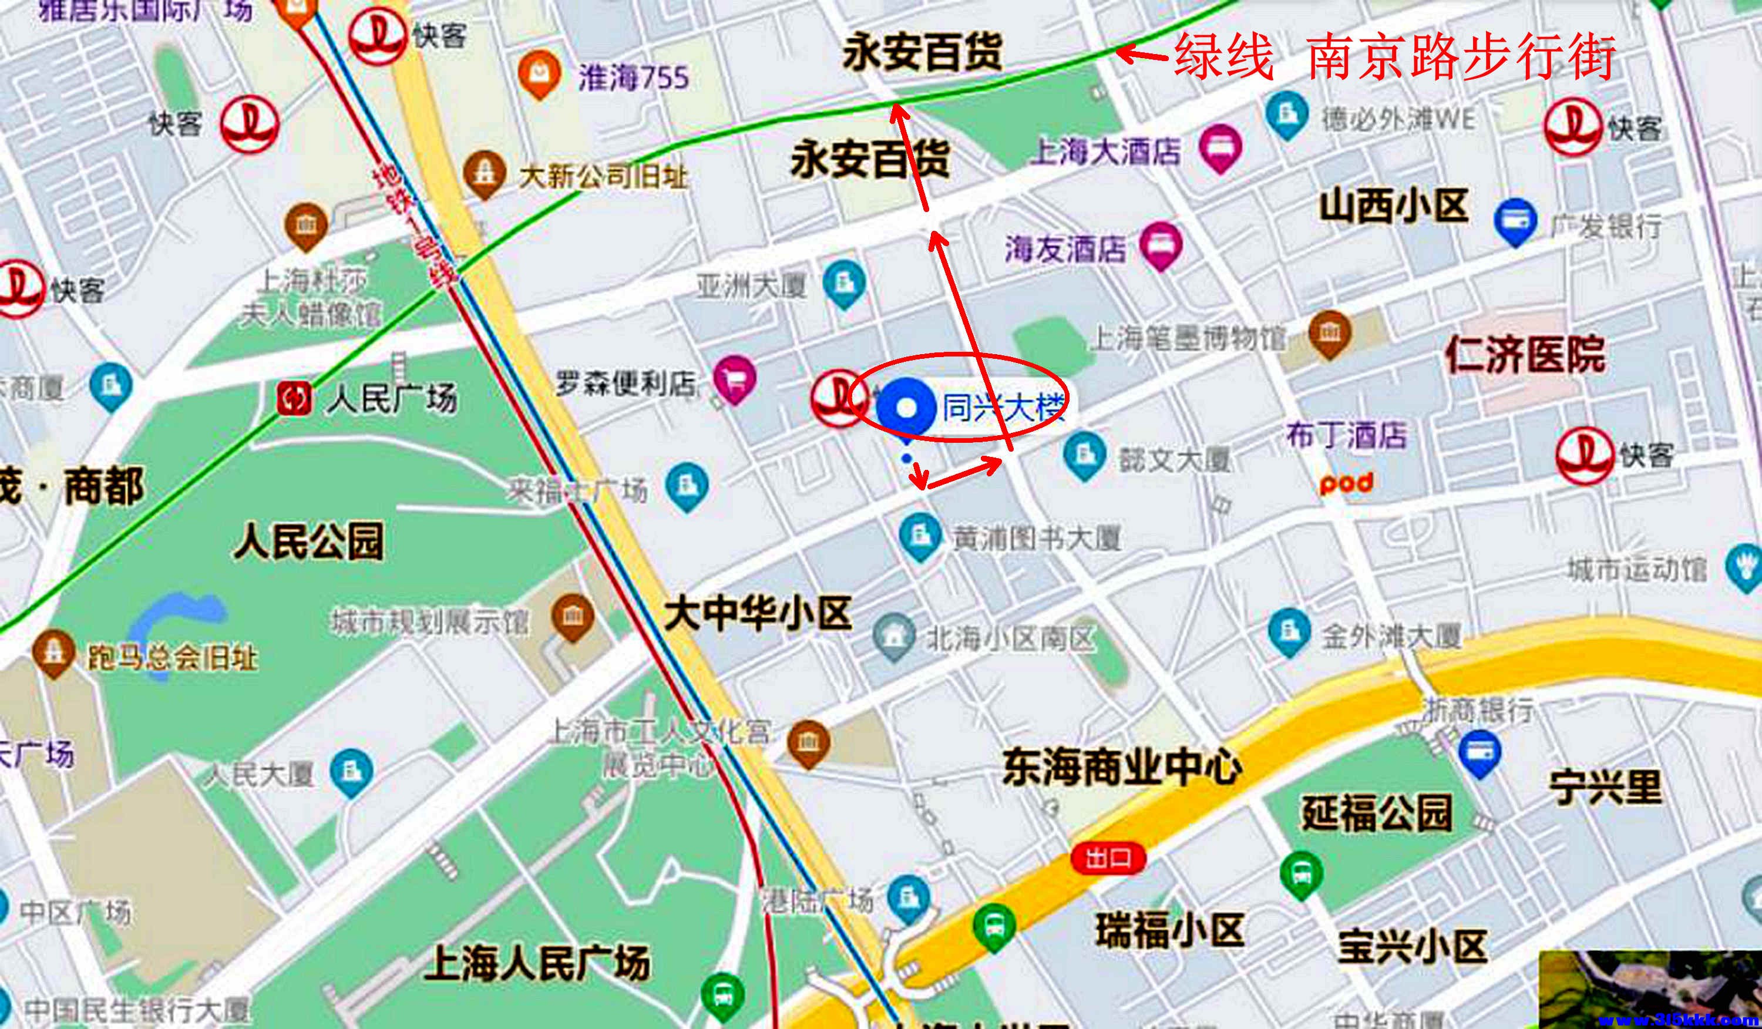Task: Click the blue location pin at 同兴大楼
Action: (x=906, y=409)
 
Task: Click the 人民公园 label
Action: (x=308, y=542)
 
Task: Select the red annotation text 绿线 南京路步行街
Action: (x=1395, y=56)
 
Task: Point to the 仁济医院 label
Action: (x=1526, y=354)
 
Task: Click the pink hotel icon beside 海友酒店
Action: (x=1161, y=245)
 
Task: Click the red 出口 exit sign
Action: (x=1108, y=857)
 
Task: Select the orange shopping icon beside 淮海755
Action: (x=539, y=73)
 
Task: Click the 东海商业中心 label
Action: (x=1122, y=768)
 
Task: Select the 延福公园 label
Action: (x=1376, y=813)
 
